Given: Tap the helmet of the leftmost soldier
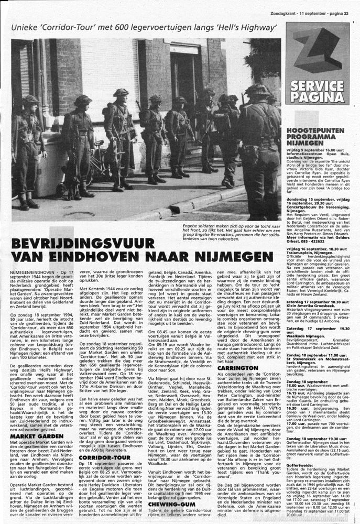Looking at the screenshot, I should (30, 100).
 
